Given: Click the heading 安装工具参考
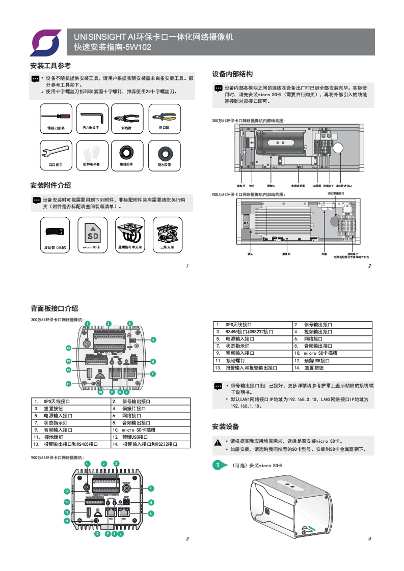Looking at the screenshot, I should point(50,66).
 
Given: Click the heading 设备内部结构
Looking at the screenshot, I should point(232,74).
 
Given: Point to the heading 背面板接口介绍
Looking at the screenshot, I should point(55,308).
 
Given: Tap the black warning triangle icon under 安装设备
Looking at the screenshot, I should point(218,441).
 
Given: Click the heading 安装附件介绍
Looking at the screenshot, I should point(50,185).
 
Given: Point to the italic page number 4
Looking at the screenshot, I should point(369,539).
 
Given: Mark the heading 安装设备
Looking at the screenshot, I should point(225,426).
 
